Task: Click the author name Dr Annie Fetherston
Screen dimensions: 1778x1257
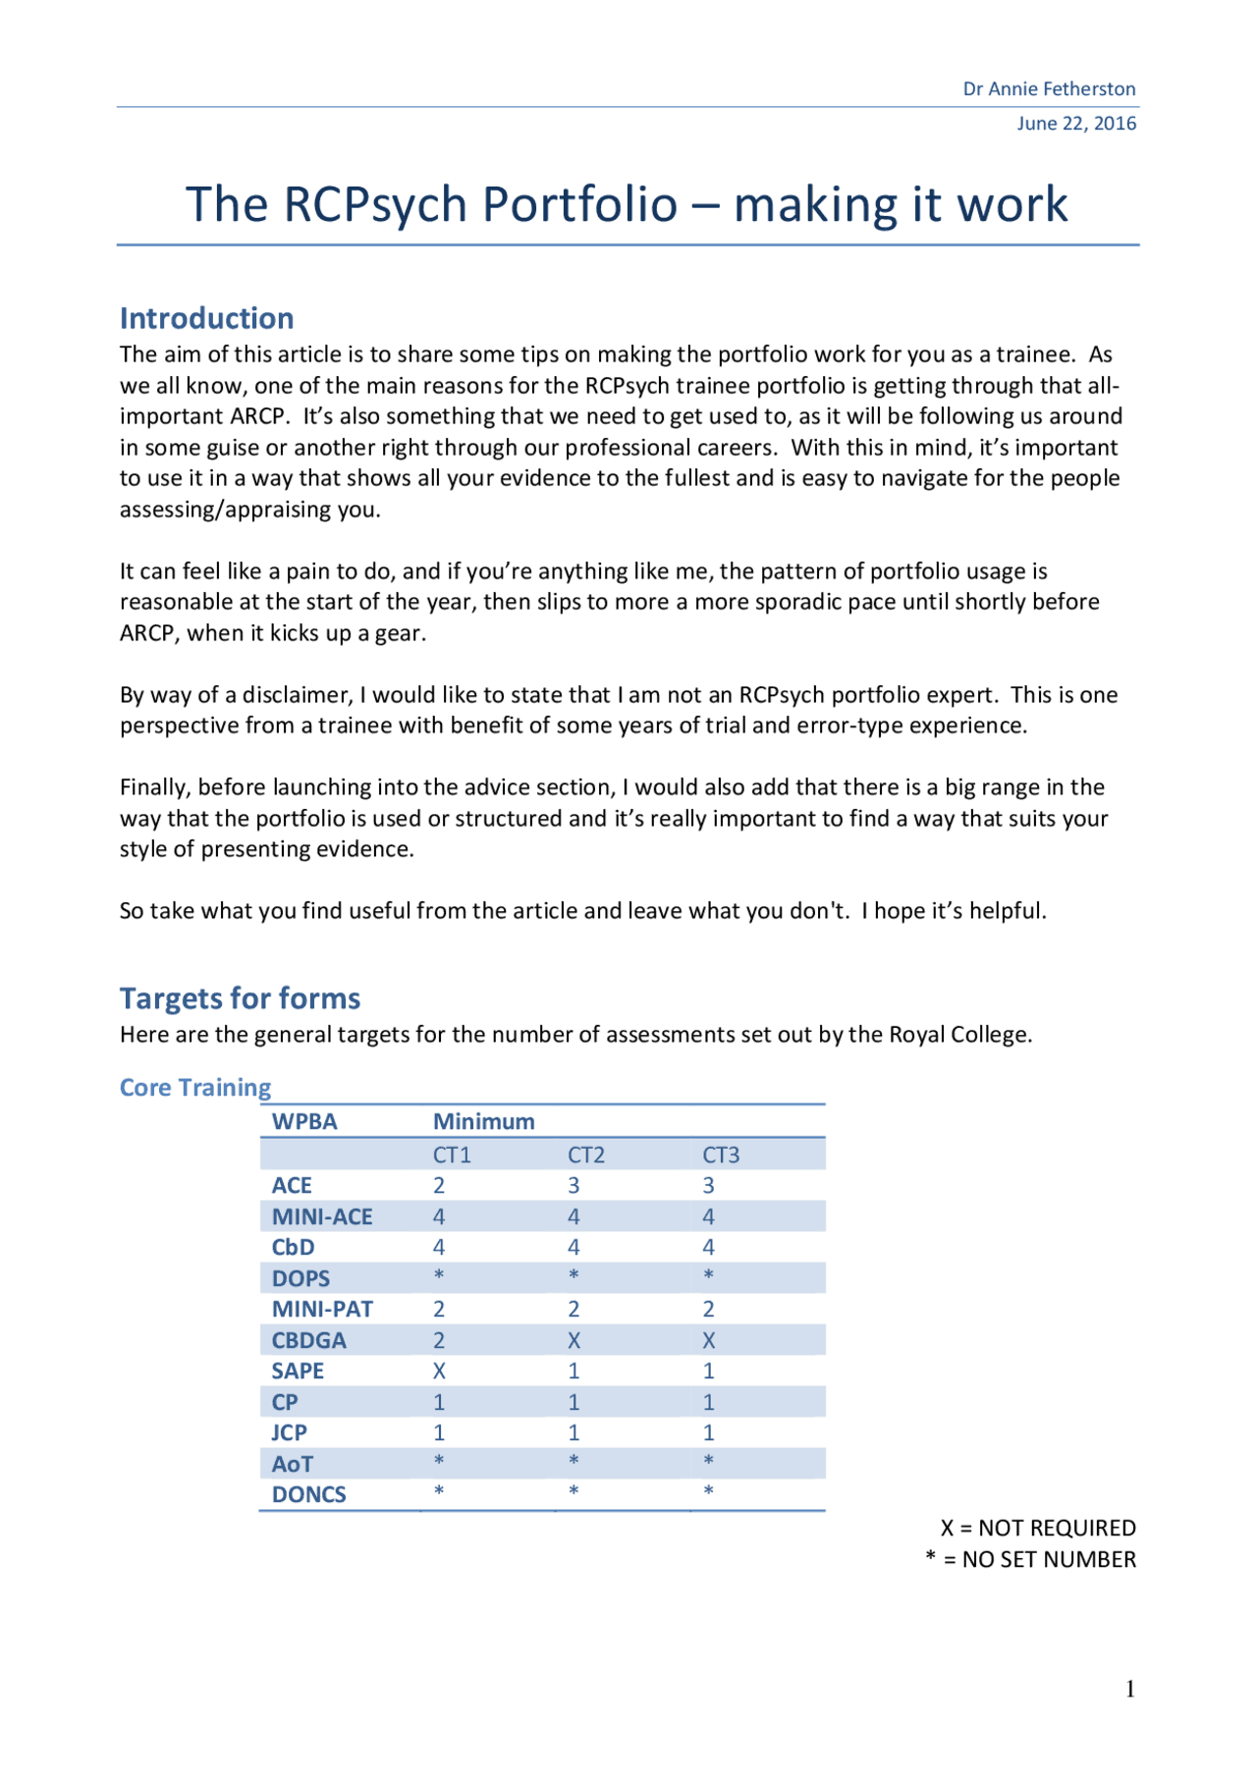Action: (x=1048, y=89)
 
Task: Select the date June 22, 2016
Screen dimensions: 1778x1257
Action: (x=1075, y=124)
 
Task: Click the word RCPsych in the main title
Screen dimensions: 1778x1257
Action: (x=374, y=205)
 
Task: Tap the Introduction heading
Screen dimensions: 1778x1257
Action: (x=206, y=318)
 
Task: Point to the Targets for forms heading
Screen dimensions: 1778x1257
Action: (x=240, y=998)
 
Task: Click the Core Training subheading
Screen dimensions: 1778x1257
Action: (x=194, y=1088)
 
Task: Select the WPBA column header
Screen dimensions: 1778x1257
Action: (x=303, y=1122)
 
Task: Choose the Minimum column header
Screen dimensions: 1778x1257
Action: (x=483, y=1122)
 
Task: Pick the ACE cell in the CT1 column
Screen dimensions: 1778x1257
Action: (x=439, y=1186)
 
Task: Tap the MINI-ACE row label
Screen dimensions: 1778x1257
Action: (x=322, y=1217)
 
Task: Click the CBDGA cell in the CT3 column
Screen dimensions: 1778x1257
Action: (x=708, y=1341)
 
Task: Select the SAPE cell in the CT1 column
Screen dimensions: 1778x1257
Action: (x=439, y=1372)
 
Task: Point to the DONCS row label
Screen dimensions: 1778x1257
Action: (x=308, y=1495)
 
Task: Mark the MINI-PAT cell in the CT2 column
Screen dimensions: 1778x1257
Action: (x=574, y=1310)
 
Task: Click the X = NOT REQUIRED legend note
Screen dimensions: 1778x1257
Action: (x=1037, y=1529)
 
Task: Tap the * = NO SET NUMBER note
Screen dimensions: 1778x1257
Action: (x=1030, y=1560)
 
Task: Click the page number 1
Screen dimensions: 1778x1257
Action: (x=1129, y=1690)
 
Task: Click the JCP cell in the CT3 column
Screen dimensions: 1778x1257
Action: (x=708, y=1433)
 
